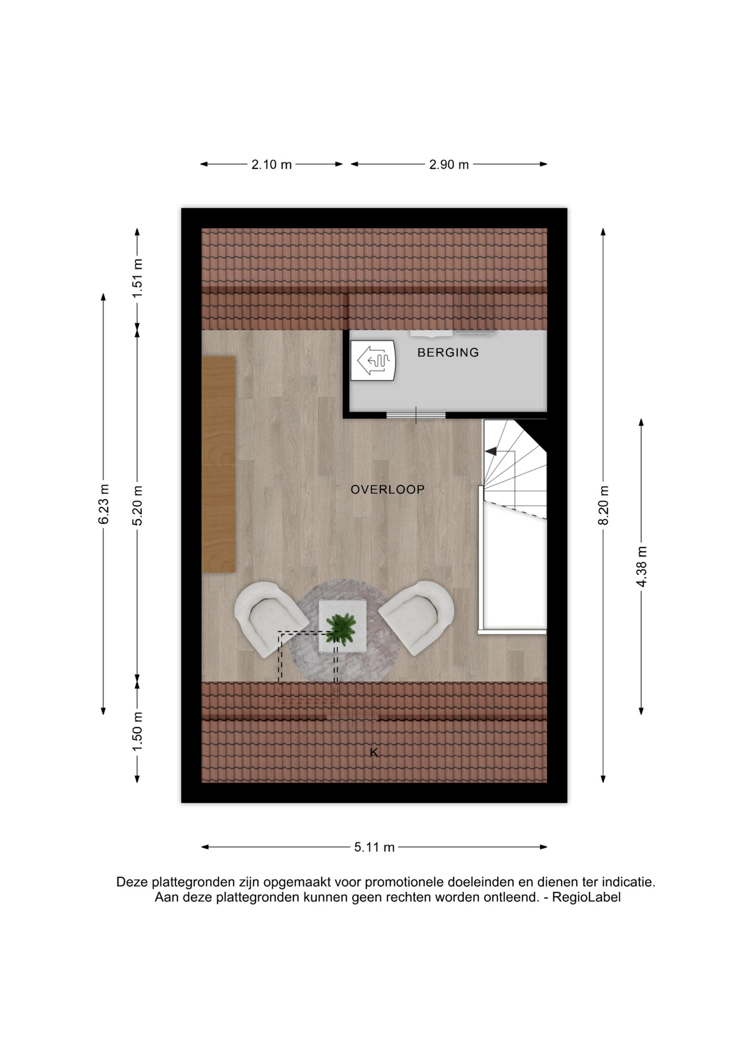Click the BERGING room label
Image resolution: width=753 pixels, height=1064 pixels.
(448, 352)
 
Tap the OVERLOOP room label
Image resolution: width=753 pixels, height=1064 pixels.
(388, 489)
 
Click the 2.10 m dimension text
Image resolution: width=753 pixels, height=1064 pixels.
(272, 165)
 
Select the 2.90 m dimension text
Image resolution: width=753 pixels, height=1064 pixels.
(449, 165)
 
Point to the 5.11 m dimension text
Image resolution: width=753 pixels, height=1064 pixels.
(374, 847)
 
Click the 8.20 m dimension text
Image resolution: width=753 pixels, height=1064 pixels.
(604, 505)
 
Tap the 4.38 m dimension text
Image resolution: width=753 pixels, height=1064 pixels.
(642, 566)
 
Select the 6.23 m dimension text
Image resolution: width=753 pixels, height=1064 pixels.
(104, 504)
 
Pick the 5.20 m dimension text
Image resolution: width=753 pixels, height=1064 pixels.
(138, 505)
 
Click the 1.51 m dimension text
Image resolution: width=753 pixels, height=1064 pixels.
(138, 278)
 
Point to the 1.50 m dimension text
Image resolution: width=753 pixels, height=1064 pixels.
(138, 731)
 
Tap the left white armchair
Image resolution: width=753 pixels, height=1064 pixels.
(269, 618)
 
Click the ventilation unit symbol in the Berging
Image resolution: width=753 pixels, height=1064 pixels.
(373, 360)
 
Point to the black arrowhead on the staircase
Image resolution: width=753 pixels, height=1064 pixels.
(491, 452)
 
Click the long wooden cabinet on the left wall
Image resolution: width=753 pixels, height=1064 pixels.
(218, 464)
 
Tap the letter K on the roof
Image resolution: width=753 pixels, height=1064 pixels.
(374, 753)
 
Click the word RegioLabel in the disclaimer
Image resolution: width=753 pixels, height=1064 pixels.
(586, 897)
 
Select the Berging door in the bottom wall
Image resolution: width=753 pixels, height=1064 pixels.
(416, 415)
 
